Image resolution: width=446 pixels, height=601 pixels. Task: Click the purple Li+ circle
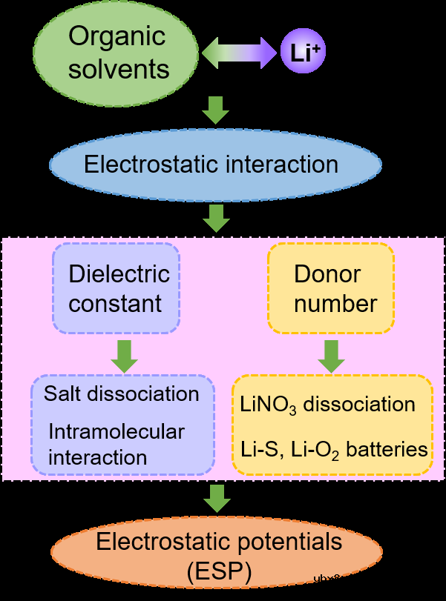tap(303, 53)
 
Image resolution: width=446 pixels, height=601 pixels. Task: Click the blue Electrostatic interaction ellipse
tap(215, 164)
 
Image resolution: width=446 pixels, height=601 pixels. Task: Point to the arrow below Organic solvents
tap(216, 110)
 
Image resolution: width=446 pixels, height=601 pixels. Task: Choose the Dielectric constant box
tap(116, 288)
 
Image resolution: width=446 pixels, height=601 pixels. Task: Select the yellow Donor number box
tap(331, 288)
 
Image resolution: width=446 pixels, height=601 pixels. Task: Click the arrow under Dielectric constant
tap(124, 356)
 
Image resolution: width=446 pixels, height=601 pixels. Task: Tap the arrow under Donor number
tap(331, 356)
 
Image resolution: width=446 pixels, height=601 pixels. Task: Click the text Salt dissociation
tap(122, 394)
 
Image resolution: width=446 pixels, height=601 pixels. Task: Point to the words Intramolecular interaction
tap(116, 444)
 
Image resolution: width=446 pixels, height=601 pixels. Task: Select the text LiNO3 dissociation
tap(327, 405)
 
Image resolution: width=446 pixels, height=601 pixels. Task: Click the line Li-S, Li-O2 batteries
tap(333, 449)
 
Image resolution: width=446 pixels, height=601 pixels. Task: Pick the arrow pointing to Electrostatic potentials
tap(216, 498)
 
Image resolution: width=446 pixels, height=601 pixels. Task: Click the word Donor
tap(327, 274)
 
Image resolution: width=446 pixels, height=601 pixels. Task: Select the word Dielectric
tap(119, 274)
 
